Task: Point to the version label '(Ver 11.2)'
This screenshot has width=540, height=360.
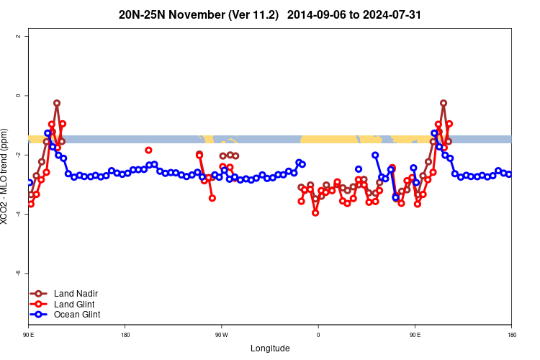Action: (x=256, y=14)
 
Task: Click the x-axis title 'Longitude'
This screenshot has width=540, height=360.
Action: (x=270, y=348)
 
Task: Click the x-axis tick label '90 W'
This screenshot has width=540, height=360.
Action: (x=221, y=334)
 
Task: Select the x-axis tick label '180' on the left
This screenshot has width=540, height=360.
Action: (x=125, y=334)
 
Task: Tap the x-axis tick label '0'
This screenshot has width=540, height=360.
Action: (x=318, y=334)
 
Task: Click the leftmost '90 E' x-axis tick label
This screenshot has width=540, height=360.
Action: (x=29, y=334)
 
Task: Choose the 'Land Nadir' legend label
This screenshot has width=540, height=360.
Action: (x=76, y=294)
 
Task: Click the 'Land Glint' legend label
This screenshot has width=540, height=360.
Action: (x=75, y=304)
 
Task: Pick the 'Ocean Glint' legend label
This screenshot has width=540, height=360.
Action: (x=77, y=315)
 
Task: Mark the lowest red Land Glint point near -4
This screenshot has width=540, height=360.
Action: (x=315, y=212)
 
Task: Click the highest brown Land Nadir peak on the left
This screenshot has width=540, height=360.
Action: (x=57, y=103)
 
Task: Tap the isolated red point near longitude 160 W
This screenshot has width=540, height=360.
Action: (x=148, y=150)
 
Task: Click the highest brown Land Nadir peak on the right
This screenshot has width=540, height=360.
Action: (x=444, y=103)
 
